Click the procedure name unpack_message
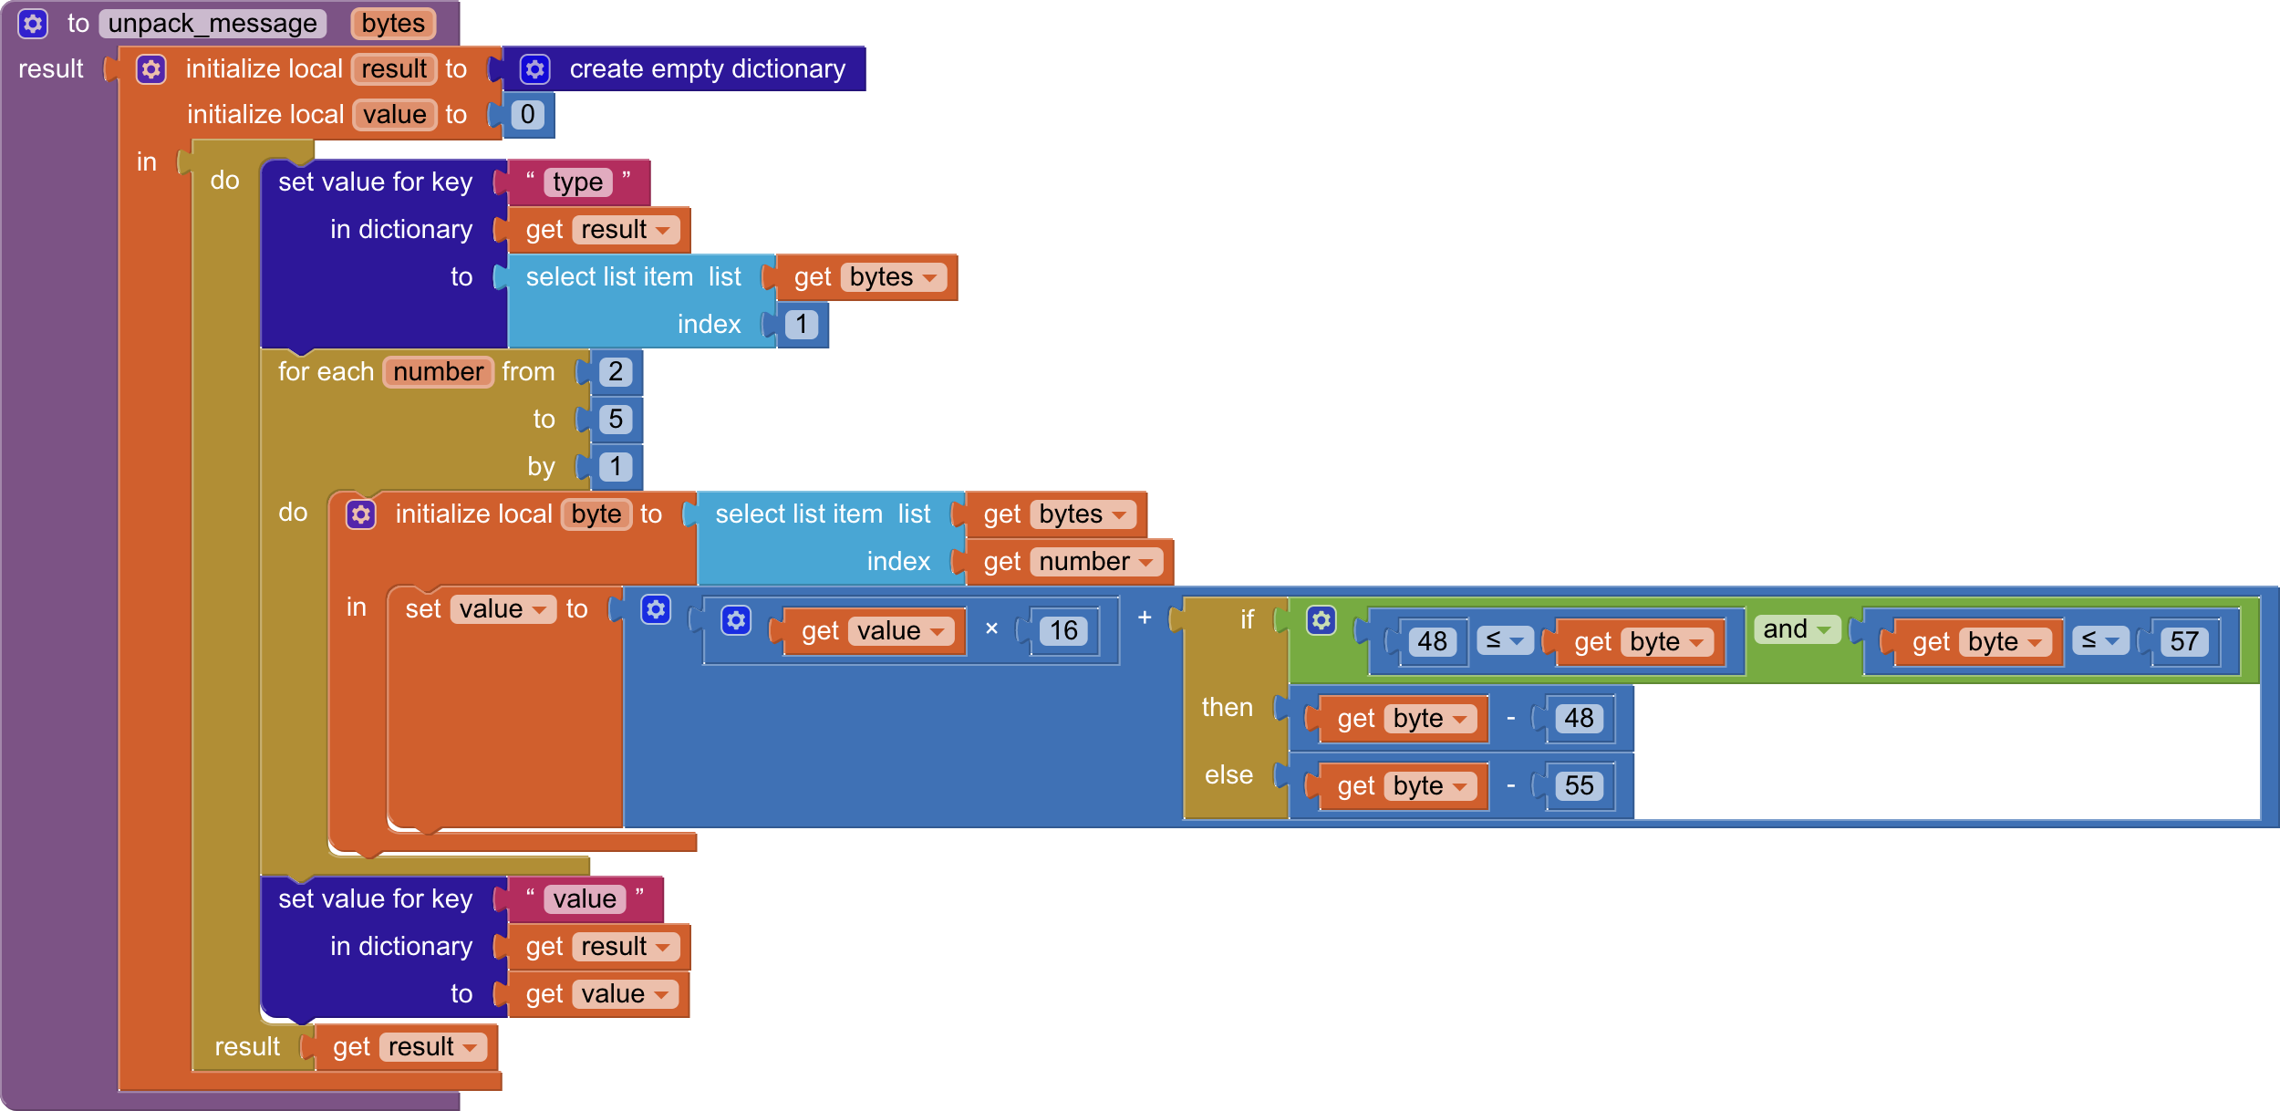click(212, 24)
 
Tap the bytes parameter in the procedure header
click(393, 24)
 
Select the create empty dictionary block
click(706, 69)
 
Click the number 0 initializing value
click(527, 115)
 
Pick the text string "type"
click(577, 182)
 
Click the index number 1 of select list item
click(801, 325)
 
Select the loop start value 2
click(616, 372)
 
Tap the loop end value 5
click(616, 420)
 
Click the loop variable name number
click(438, 372)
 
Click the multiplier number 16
click(1063, 631)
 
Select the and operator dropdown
click(1797, 629)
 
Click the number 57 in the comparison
click(2184, 642)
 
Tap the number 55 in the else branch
click(1580, 786)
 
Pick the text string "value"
click(585, 899)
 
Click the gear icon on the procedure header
click(33, 24)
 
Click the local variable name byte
click(596, 514)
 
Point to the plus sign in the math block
click(1145, 618)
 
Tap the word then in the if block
click(1228, 708)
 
